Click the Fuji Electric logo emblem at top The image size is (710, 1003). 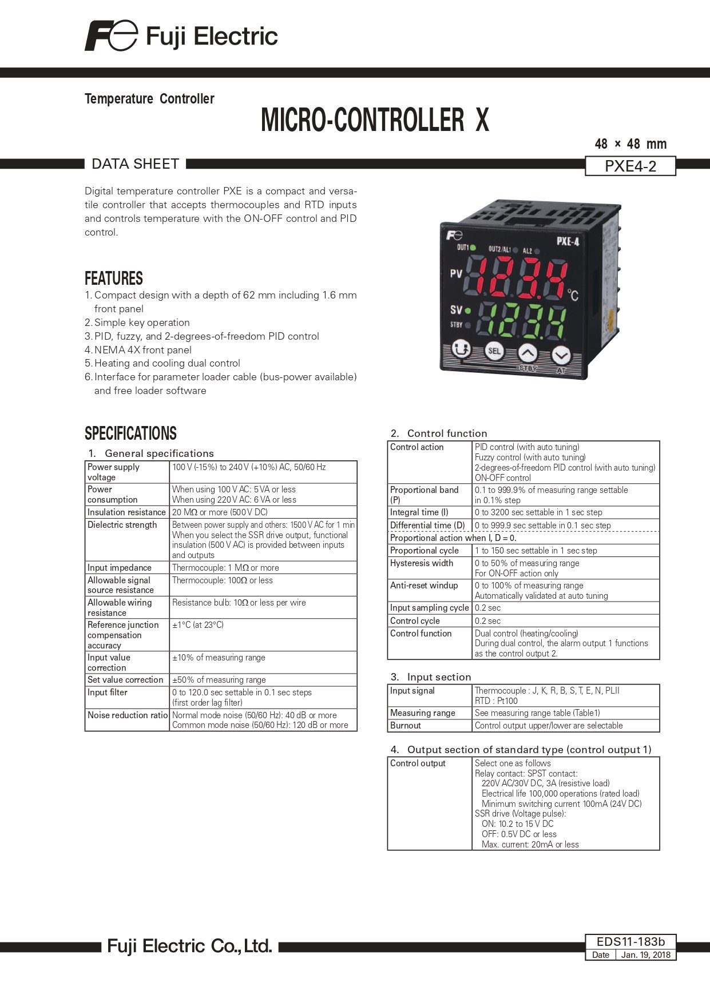tap(111, 36)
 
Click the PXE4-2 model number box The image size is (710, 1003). tap(630, 166)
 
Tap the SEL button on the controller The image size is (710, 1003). tap(494, 351)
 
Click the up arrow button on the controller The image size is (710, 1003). tap(528, 354)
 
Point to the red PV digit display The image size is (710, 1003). tap(517, 278)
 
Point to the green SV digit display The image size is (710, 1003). tap(521, 320)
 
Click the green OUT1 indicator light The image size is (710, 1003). tap(473, 248)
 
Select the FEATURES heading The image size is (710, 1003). tap(114, 278)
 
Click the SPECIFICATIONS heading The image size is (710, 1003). tap(130, 433)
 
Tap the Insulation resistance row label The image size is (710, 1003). tap(126, 512)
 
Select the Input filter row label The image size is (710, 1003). tap(108, 692)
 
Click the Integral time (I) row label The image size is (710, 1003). tap(419, 512)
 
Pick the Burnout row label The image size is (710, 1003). tap(406, 726)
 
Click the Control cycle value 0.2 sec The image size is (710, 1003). tap(487, 621)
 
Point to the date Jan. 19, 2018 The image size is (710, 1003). tap(645, 955)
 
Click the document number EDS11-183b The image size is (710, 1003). tap(630, 942)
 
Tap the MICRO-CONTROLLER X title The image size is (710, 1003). tap(375, 120)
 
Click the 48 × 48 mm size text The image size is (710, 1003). tap(630, 144)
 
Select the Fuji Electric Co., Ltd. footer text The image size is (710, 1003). tap(189, 946)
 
